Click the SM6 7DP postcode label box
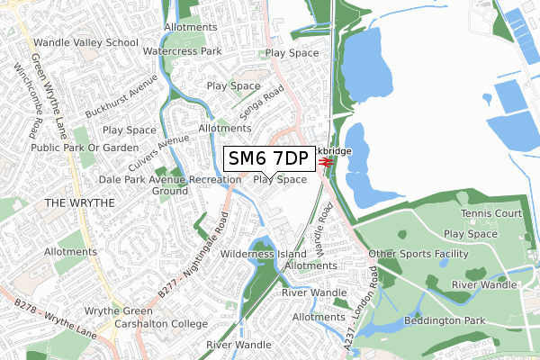click(x=268, y=159)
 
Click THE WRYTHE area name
click(x=80, y=203)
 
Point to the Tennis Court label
click(x=491, y=213)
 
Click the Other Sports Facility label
click(x=419, y=255)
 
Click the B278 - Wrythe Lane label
click(x=52, y=319)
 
